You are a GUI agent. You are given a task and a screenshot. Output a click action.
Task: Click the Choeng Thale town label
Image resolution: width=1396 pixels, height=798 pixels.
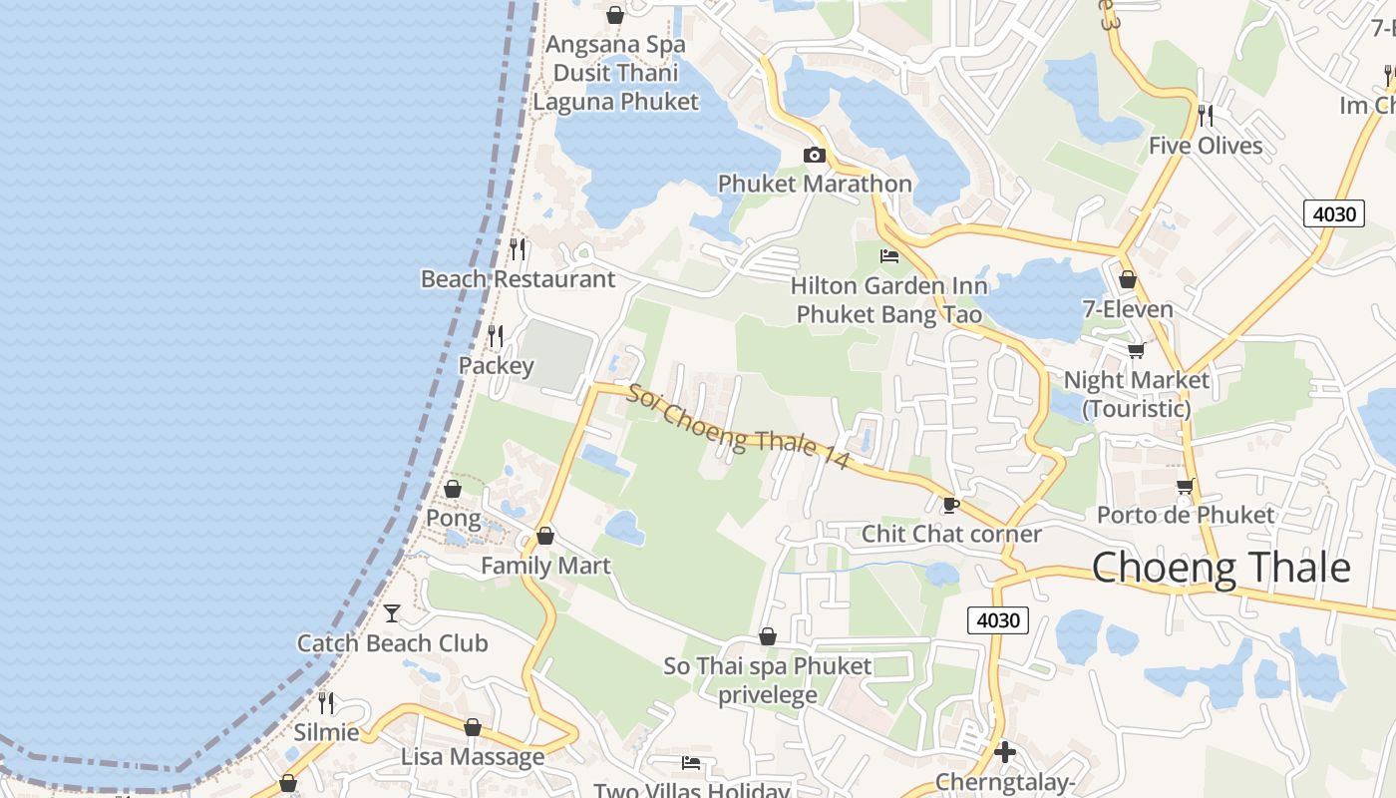pyautogui.click(x=1221, y=568)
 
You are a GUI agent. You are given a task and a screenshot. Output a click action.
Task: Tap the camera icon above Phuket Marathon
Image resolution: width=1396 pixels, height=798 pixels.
pyautogui.click(x=815, y=155)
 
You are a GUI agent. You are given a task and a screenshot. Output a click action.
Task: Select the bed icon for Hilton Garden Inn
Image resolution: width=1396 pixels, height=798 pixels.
pyautogui.click(x=889, y=256)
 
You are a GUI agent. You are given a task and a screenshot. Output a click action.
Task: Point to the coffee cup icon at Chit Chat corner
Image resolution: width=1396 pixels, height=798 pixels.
pyautogui.click(x=950, y=504)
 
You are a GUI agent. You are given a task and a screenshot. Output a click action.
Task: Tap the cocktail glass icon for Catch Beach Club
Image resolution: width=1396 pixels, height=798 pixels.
pyautogui.click(x=392, y=612)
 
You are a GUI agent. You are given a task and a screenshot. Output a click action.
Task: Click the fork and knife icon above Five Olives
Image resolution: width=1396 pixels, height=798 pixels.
pyautogui.click(x=1205, y=116)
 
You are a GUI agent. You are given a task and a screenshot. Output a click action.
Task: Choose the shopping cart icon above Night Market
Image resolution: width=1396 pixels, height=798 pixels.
pyautogui.click(x=1135, y=350)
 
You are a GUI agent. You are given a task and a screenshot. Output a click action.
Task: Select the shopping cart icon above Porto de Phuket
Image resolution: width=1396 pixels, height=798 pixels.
pyautogui.click(x=1185, y=486)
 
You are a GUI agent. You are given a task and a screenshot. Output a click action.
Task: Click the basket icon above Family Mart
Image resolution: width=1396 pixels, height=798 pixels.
pyautogui.click(x=544, y=536)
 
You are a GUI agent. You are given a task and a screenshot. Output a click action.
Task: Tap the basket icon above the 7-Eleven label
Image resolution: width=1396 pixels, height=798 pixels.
pyautogui.click(x=1128, y=279)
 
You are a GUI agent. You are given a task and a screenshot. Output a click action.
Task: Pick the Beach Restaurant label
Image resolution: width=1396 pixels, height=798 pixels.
pyautogui.click(x=518, y=279)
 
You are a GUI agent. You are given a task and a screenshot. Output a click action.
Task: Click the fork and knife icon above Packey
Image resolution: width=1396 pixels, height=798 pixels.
pyautogui.click(x=496, y=335)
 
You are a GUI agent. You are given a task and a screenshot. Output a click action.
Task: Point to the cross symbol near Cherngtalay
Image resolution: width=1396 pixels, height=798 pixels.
pyautogui.click(x=1005, y=751)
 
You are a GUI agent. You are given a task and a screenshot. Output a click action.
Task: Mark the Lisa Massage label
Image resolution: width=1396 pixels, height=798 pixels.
pyautogui.click(x=473, y=757)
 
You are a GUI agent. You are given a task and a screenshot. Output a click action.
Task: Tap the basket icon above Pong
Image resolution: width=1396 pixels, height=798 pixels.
pyautogui.click(x=453, y=489)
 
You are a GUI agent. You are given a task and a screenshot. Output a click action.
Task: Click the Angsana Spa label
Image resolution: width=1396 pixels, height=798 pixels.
pyautogui.click(x=615, y=45)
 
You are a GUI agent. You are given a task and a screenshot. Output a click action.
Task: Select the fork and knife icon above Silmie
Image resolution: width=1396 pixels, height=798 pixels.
pyautogui.click(x=325, y=702)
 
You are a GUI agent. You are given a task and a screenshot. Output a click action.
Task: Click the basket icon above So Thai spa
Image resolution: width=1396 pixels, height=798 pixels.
pyautogui.click(x=768, y=635)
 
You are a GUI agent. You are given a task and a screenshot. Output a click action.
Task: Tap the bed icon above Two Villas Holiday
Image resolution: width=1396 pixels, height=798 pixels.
pyautogui.click(x=690, y=763)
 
